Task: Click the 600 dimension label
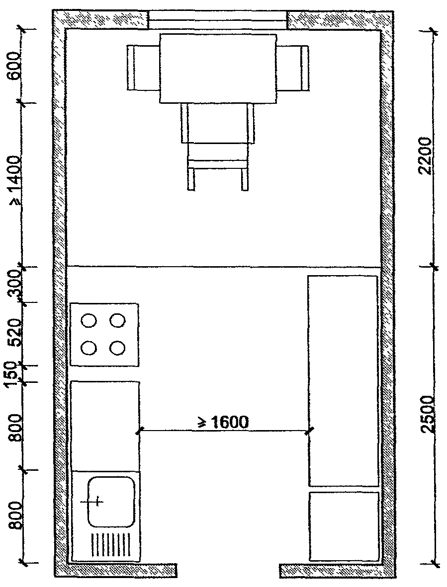(x=15, y=66)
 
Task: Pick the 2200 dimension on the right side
(x=425, y=156)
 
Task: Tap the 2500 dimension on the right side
(x=425, y=414)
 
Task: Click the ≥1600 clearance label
(x=223, y=422)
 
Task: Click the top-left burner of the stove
(x=89, y=321)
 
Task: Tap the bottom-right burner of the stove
(x=117, y=348)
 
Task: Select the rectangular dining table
(x=218, y=69)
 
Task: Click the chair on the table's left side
(x=143, y=68)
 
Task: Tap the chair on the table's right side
(x=293, y=68)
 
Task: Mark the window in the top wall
(x=218, y=20)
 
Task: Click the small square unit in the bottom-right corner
(x=344, y=526)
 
